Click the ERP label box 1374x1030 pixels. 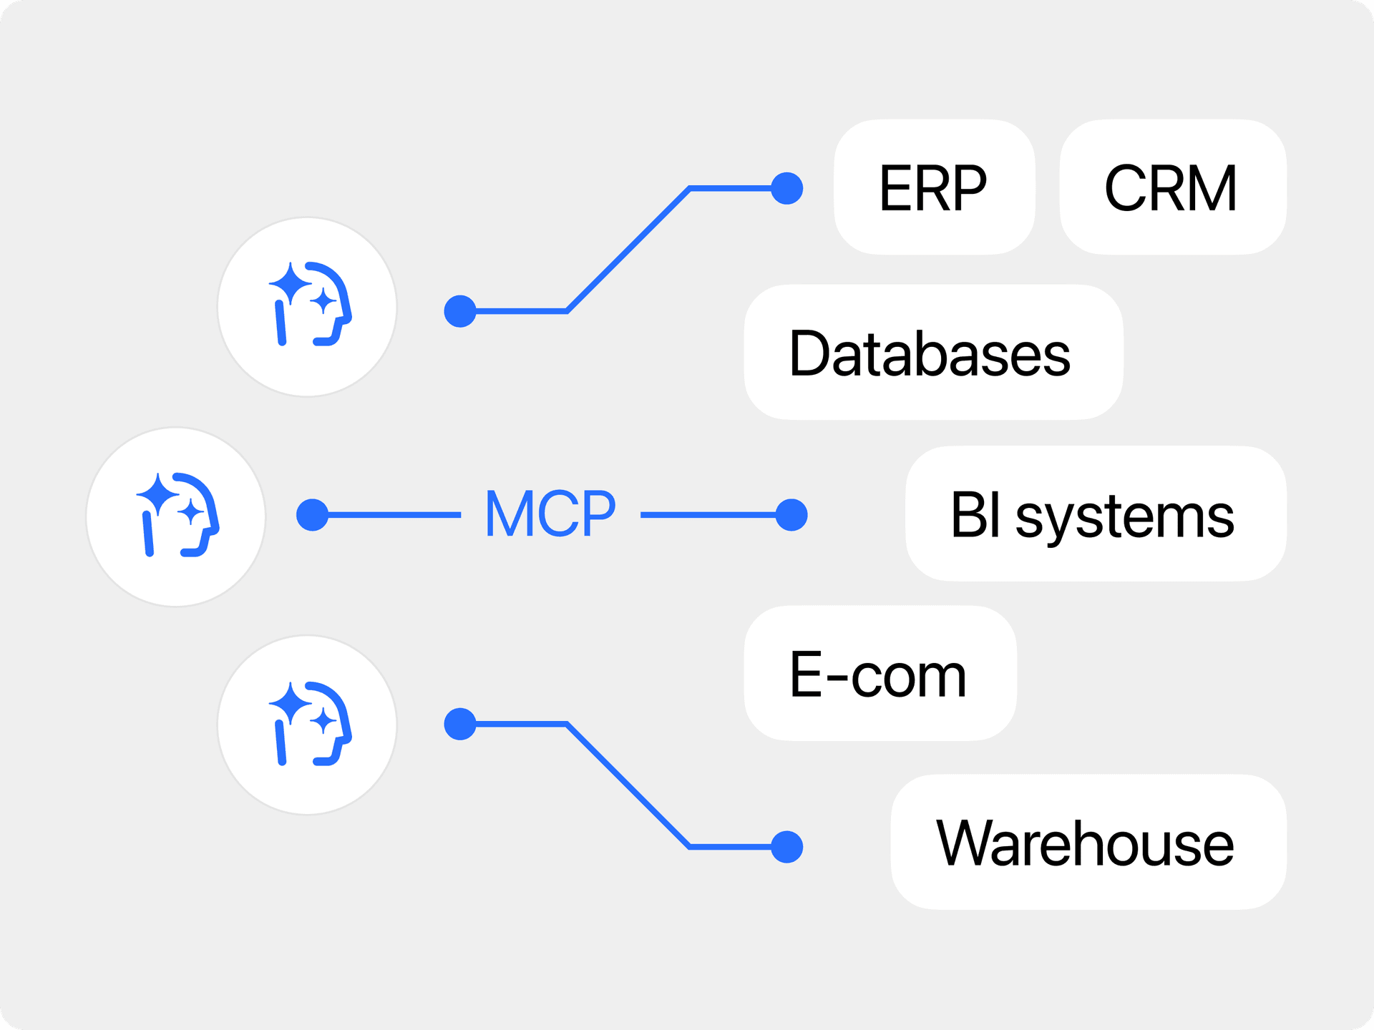click(933, 187)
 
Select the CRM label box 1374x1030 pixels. click(1172, 187)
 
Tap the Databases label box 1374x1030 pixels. click(932, 353)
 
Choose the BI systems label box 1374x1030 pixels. click(1095, 514)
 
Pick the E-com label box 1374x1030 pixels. click(880, 674)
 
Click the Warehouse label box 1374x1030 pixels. click(1088, 843)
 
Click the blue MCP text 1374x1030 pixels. click(550, 514)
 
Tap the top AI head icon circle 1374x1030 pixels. click(307, 307)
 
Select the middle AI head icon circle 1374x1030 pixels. click(176, 517)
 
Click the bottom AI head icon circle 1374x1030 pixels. click(307, 725)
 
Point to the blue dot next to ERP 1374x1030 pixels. click(787, 189)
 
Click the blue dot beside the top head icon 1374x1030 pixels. click(460, 311)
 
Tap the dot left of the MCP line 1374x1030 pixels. click(312, 515)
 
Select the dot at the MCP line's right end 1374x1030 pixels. click(791, 515)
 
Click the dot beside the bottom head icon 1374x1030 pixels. click(460, 724)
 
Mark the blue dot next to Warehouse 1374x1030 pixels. click(787, 847)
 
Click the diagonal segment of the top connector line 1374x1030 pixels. click(628, 250)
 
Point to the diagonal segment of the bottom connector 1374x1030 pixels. click(628, 785)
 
